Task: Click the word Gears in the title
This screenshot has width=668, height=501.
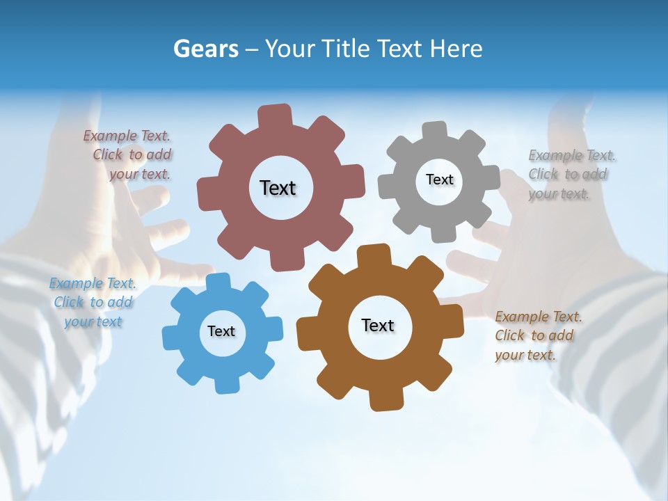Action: (x=205, y=49)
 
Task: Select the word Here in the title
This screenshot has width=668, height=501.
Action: (x=456, y=49)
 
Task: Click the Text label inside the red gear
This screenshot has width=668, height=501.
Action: (x=278, y=188)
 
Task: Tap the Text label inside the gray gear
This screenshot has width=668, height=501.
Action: (x=439, y=180)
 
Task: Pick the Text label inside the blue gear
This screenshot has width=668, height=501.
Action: (x=221, y=331)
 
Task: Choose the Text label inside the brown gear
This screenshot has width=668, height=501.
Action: (x=378, y=325)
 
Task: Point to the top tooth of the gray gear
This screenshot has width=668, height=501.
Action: (x=434, y=132)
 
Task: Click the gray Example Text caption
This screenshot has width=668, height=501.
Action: (x=568, y=174)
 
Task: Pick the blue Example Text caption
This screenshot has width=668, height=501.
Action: (x=93, y=302)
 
